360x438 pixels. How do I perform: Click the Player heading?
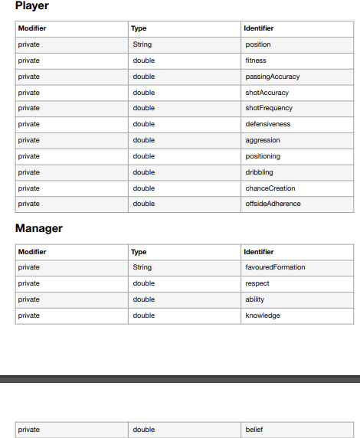pyautogui.click(x=32, y=7)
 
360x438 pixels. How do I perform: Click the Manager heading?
pyautogui.click(x=39, y=229)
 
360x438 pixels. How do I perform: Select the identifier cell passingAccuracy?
pyautogui.click(x=272, y=77)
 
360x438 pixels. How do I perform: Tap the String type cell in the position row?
pyautogui.click(x=142, y=44)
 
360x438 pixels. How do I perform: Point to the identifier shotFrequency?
pyautogui.click(x=269, y=108)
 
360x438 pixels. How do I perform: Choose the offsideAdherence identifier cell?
pyautogui.click(x=273, y=204)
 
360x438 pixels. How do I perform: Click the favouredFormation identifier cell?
pyautogui.click(x=275, y=267)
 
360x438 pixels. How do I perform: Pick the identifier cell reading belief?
pyautogui.click(x=254, y=430)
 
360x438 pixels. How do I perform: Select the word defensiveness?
pyautogui.click(x=267, y=124)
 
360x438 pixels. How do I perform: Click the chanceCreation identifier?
pyautogui.click(x=270, y=188)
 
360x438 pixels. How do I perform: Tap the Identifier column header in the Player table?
pyautogui.click(x=259, y=28)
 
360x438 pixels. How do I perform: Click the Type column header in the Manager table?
pyautogui.click(x=139, y=252)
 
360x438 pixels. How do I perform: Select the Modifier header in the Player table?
pyautogui.click(x=32, y=28)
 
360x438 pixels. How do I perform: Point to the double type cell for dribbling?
pyautogui.click(x=143, y=172)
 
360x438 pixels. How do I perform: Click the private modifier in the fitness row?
pyautogui.click(x=29, y=60)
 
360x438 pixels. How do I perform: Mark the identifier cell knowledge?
pyautogui.click(x=262, y=315)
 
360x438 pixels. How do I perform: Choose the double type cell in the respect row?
pyautogui.click(x=143, y=283)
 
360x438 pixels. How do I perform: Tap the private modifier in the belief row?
pyautogui.click(x=29, y=430)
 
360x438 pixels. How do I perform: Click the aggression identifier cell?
pyautogui.click(x=263, y=140)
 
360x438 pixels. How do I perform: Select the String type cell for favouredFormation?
pyautogui.click(x=142, y=267)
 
